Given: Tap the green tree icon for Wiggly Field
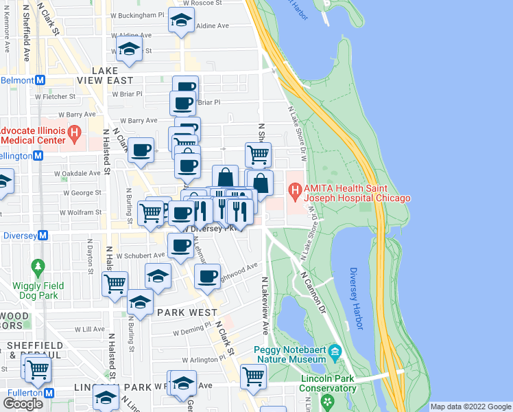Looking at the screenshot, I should (38, 265).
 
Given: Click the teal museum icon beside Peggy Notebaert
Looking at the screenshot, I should (335, 354).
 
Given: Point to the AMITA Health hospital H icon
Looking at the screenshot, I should (296, 189).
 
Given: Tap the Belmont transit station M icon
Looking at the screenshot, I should (40, 80).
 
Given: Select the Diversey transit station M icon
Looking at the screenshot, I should (43, 234).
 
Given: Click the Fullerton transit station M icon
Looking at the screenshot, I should (50, 393).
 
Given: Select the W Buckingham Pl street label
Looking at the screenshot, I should (134, 14).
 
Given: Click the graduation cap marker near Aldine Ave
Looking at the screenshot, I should (180, 21).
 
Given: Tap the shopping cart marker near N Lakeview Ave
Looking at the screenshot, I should (253, 376).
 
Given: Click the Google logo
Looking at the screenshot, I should (23, 403).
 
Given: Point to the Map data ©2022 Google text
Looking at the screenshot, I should (470, 407).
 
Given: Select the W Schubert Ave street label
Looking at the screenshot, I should (141, 255).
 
